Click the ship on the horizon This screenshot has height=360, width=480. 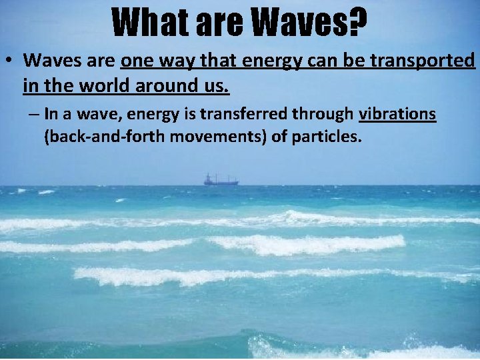(221, 179)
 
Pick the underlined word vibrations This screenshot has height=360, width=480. (397, 115)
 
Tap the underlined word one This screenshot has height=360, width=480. (136, 61)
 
